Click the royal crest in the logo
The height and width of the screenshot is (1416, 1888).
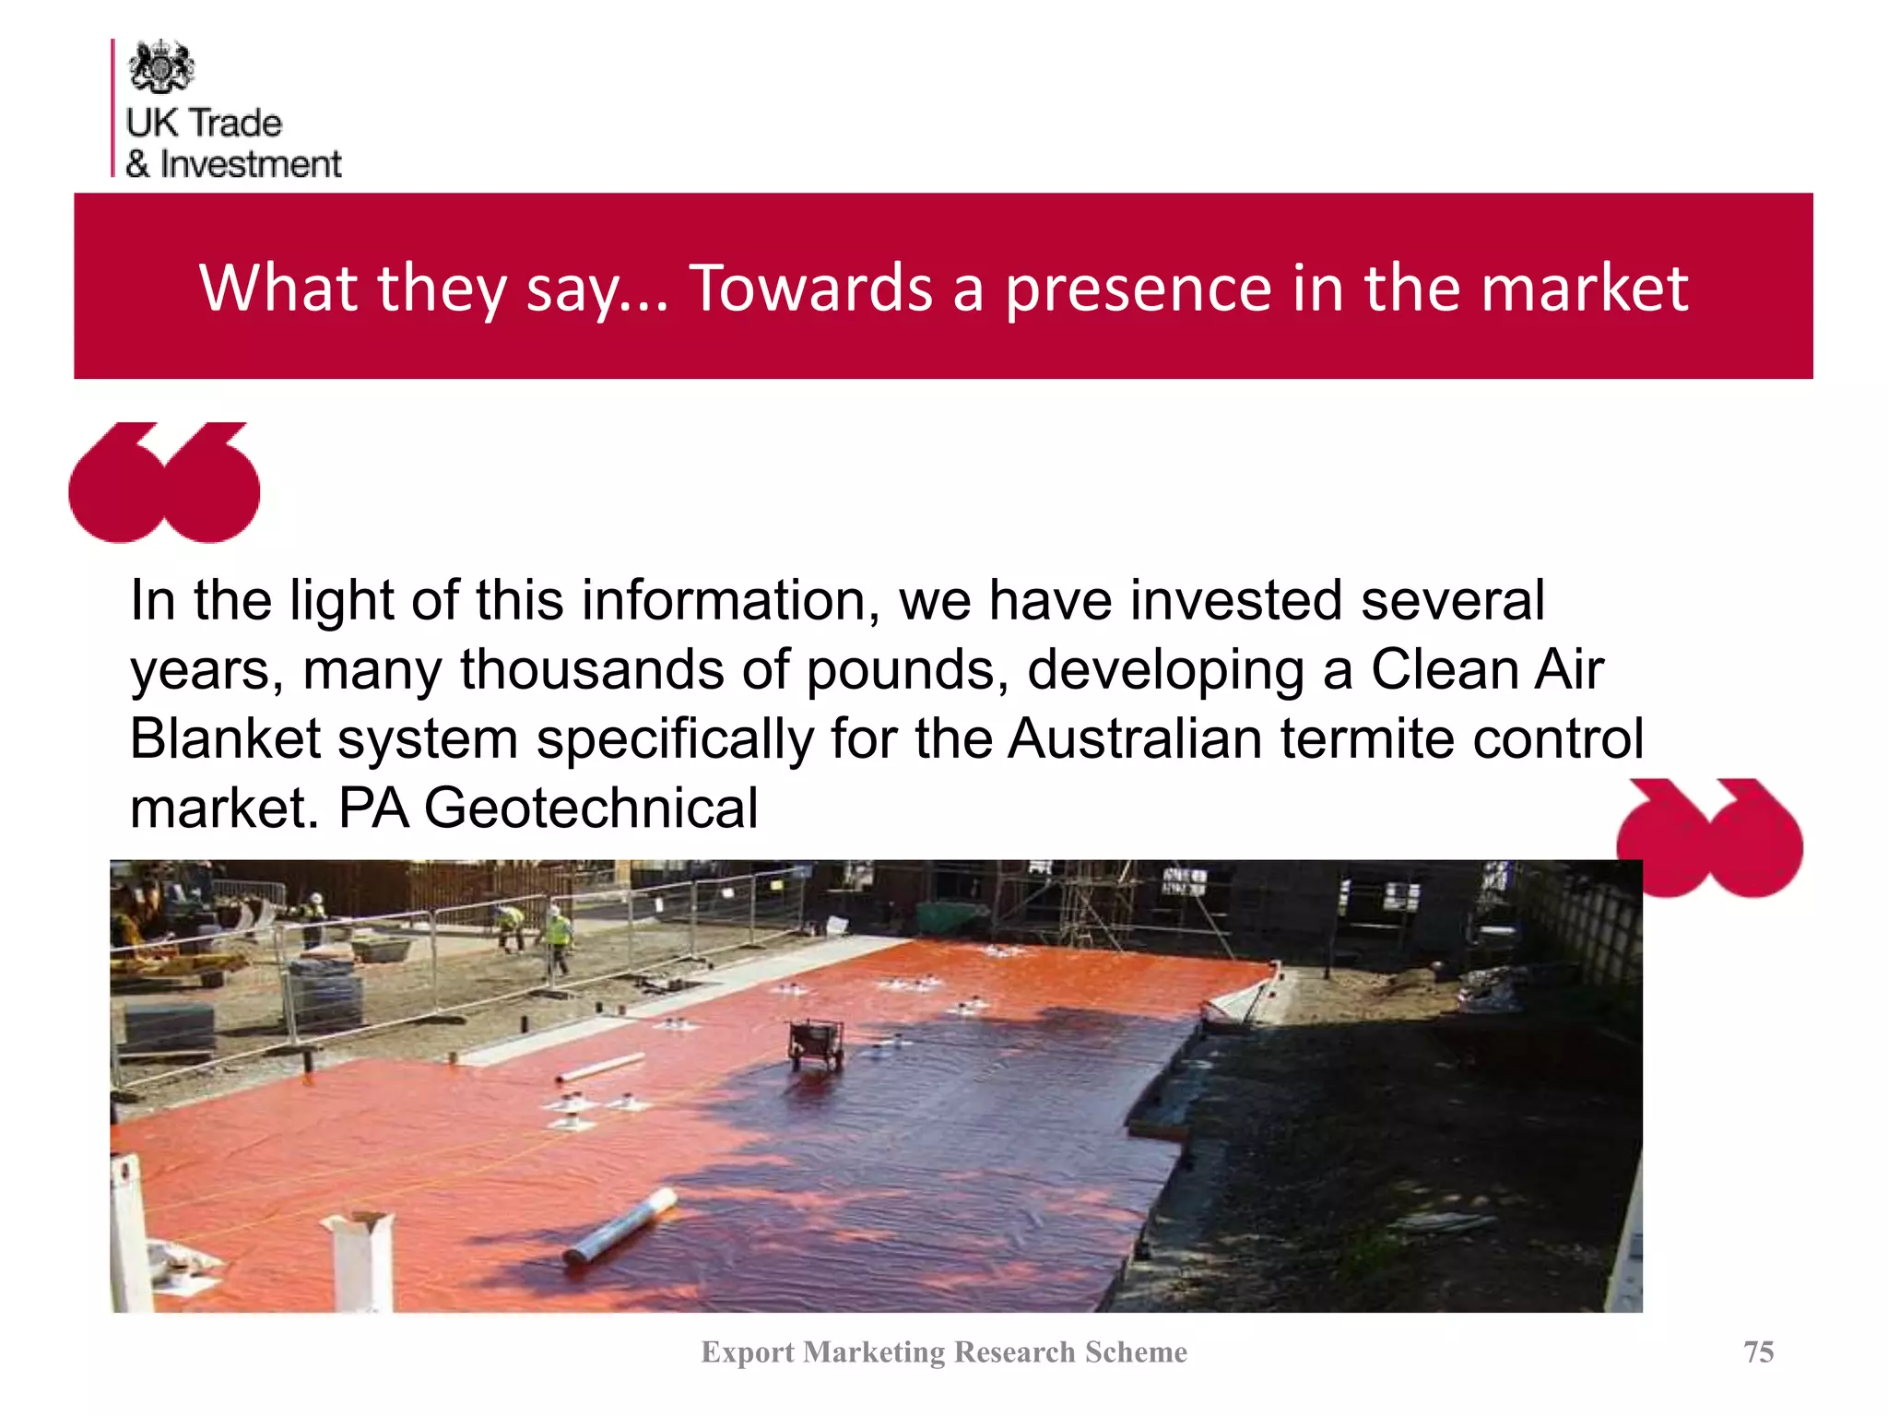click(161, 66)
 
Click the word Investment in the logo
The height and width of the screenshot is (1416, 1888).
click(251, 164)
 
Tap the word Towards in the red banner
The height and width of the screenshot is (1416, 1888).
click(811, 288)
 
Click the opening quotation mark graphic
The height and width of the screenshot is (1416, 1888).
click(164, 482)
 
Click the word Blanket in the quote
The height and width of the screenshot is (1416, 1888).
click(225, 738)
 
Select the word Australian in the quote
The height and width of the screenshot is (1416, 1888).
click(1135, 738)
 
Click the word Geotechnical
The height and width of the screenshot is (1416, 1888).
click(590, 808)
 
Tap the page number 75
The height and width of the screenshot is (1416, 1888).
click(1758, 1351)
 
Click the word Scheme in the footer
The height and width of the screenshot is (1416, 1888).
click(1136, 1351)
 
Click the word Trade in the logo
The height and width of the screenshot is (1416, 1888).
click(236, 123)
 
